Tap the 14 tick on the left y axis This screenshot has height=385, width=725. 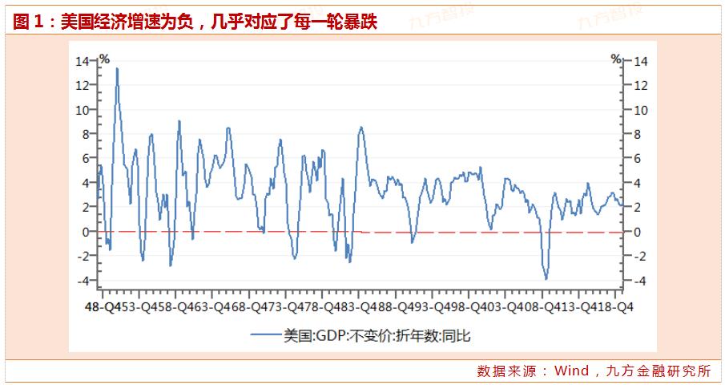point(83,61)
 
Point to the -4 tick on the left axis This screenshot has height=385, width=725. point(83,281)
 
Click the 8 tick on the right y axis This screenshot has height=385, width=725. point(639,134)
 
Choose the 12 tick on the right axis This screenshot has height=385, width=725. point(641,85)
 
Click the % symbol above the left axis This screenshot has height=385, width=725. point(103,59)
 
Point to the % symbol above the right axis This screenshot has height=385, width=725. point(616,59)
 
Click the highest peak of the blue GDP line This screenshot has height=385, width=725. point(117,68)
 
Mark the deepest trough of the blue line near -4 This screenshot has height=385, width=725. point(546,278)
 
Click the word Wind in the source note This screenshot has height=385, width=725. point(571,371)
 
